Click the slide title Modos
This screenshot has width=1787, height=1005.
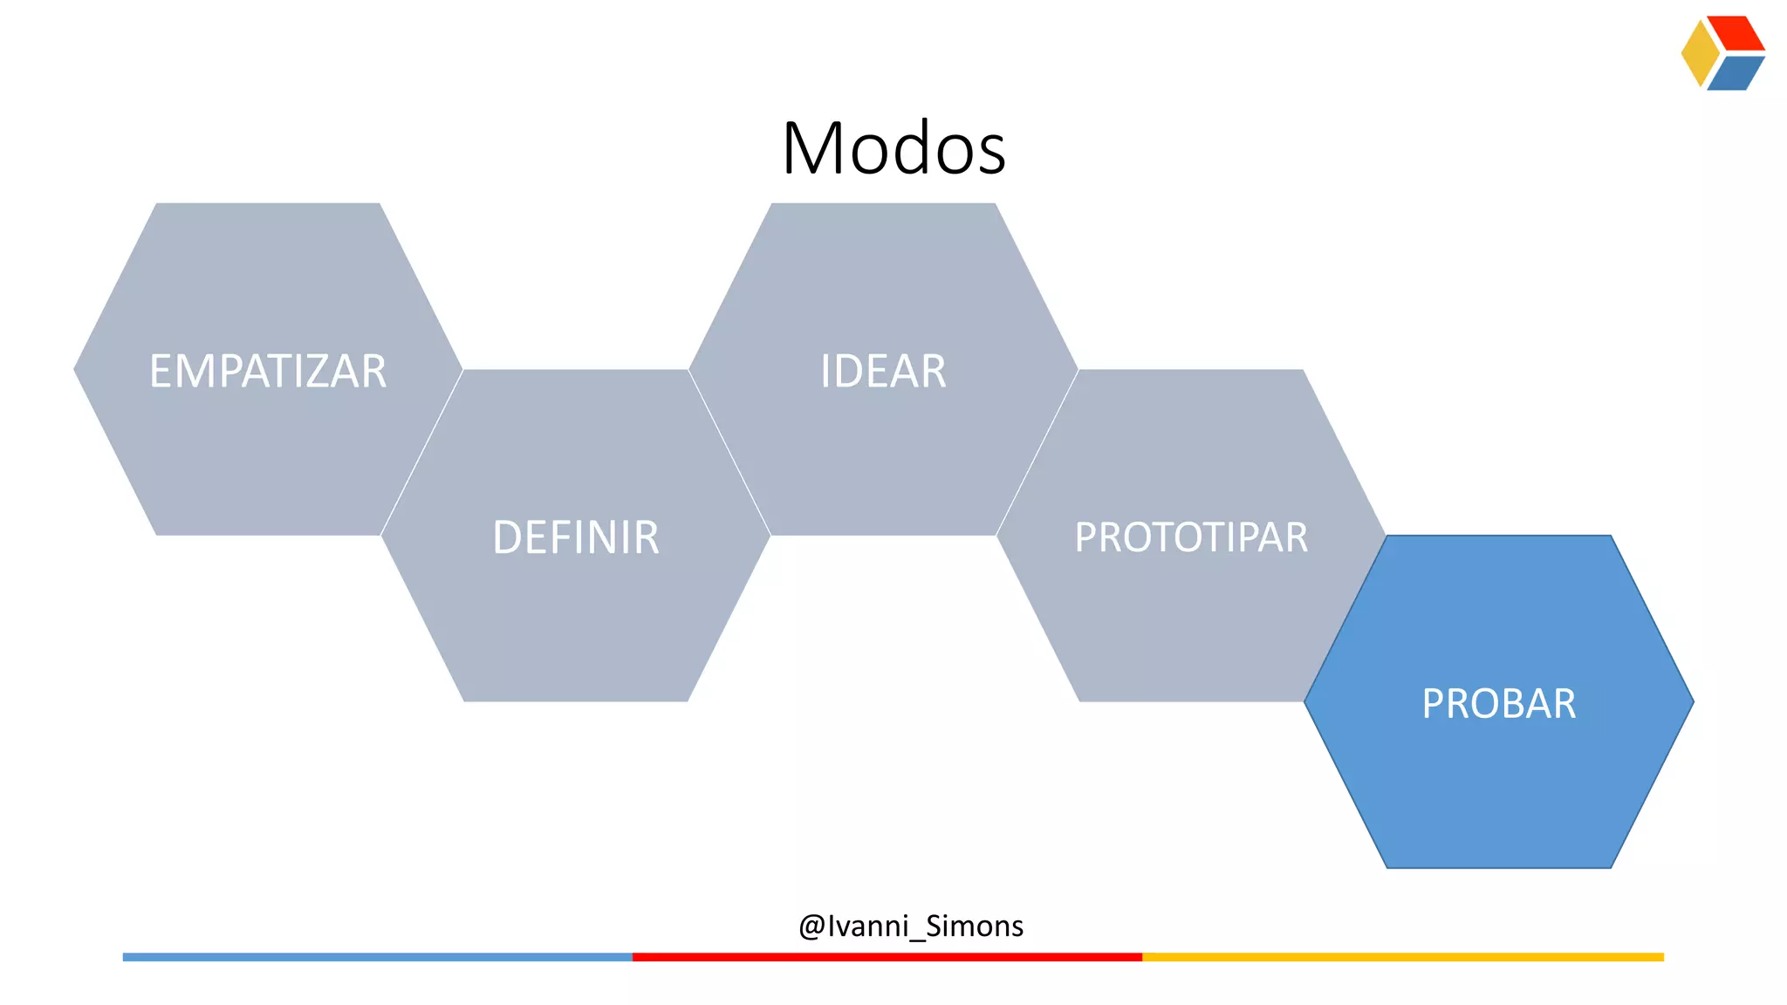pos(893,148)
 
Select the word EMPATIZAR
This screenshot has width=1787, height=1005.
pos(268,371)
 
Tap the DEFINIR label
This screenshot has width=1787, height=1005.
pos(576,537)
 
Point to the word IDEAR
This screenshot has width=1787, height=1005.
pos(883,371)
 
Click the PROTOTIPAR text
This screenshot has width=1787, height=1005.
pos(1191,537)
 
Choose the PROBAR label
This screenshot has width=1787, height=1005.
pos(1499,704)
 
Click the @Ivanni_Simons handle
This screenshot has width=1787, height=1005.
pos(911,926)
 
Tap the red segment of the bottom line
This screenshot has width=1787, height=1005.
pos(887,957)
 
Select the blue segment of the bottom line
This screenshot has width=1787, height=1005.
pos(377,957)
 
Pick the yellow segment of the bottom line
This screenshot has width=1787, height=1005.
pos(1402,957)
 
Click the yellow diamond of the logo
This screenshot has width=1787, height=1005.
pos(1699,53)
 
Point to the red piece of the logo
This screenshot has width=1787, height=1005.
pos(1737,33)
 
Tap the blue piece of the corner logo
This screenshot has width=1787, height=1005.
pos(1736,73)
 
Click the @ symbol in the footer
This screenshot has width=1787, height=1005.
pos(811,926)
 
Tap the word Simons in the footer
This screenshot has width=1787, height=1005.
pos(974,926)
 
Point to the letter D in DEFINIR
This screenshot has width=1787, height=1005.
pos(507,537)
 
